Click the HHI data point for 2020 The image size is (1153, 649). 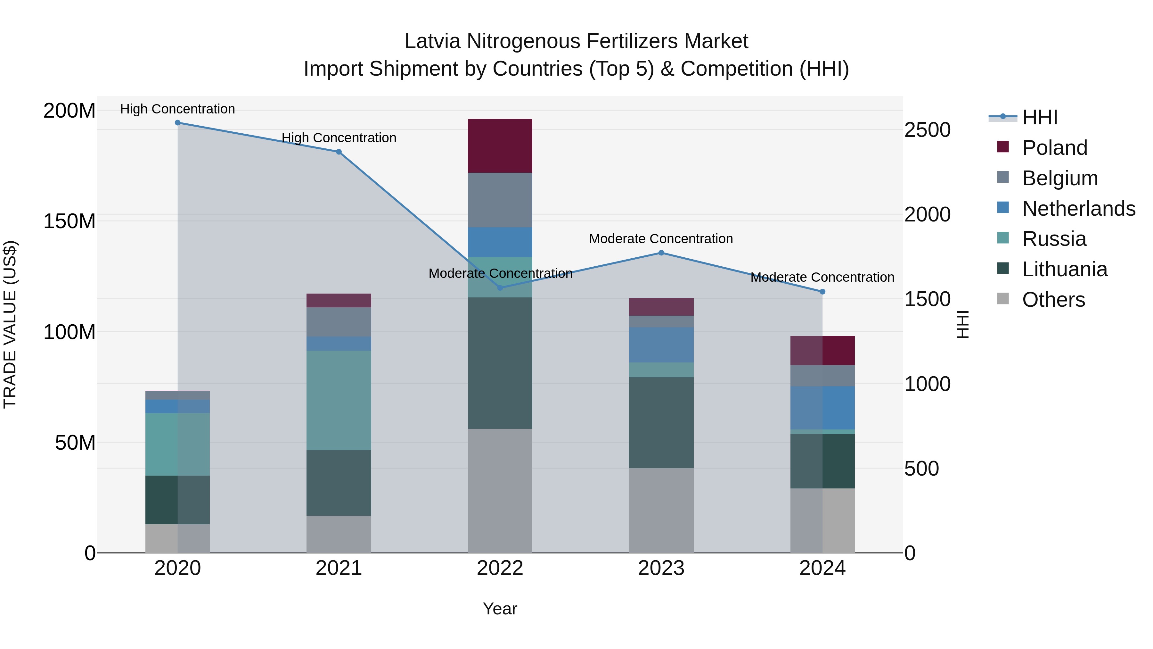178,123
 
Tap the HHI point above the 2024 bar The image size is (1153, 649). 822,292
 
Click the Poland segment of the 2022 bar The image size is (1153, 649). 500,146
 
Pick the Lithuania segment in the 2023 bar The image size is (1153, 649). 661,422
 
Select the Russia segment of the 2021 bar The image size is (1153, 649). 339,400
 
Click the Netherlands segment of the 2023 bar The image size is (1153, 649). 661,345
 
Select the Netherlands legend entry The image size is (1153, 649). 1079,209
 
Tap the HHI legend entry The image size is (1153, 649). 1040,117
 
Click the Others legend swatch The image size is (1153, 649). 1003,299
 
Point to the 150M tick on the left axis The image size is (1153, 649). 70,221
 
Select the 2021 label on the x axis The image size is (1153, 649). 339,568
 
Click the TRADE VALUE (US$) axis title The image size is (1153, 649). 10,324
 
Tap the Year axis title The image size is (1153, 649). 500,609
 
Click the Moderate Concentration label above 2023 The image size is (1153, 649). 661,239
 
